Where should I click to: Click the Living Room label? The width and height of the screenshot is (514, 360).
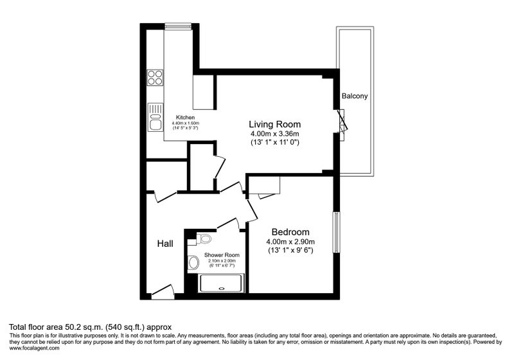click(x=275, y=124)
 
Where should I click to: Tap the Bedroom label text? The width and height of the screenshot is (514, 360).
click(x=290, y=232)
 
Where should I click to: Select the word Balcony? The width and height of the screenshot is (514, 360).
click(x=355, y=96)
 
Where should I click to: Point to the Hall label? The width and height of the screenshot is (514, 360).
click(x=165, y=244)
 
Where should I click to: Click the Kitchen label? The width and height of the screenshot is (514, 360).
click(x=185, y=118)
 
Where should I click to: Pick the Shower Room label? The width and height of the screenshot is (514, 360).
click(x=222, y=255)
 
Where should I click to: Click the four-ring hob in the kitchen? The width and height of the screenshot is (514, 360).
click(x=155, y=78)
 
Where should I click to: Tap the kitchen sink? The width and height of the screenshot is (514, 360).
click(x=155, y=118)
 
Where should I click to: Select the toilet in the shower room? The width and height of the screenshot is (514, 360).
click(x=204, y=238)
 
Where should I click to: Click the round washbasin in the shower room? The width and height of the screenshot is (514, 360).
click(x=194, y=263)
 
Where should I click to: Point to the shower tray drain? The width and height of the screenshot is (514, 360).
click(x=222, y=289)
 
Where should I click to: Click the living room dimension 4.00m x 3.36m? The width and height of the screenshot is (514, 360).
click(x=275, y=134)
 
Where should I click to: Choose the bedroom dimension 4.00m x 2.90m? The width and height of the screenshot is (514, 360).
click(x=290, y=242)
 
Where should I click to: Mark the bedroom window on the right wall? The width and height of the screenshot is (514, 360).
click(x=336, y=232)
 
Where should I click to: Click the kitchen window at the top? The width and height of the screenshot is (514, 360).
click(x=178, y=26)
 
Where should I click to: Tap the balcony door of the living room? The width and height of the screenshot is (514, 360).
click(x=342, y=121)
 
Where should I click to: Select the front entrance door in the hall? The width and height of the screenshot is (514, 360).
click(x=163, y=291)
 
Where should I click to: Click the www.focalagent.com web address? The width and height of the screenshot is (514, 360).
click(x=35, y=348)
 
